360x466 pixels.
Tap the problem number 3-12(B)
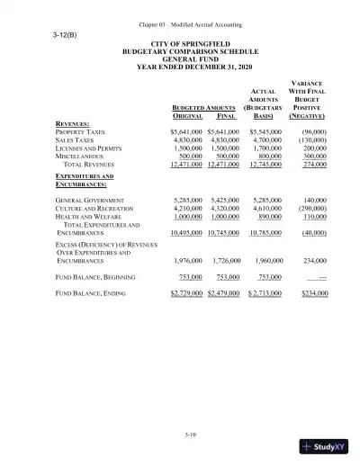pyautogui.click(x=65, y=35)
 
